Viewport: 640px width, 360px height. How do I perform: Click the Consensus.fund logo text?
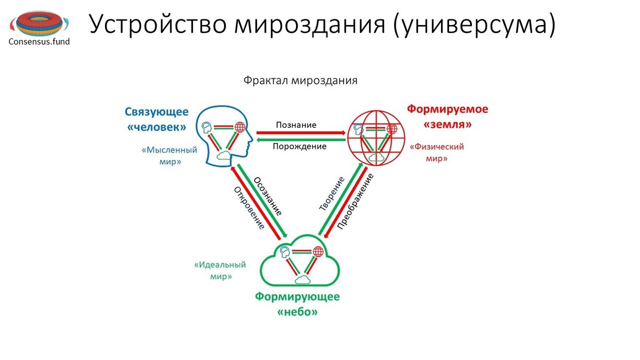(x=39, y=42)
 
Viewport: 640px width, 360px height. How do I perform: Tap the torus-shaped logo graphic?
(x=39, y=23)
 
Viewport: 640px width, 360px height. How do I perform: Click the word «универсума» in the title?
(x=475, y=25)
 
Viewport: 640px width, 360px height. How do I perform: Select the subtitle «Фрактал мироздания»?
(x=300, y=81)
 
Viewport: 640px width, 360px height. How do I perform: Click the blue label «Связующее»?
(x=157, y=111)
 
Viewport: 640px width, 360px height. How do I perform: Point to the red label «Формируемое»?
(x=447, y=109)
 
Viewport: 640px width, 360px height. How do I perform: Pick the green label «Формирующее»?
(x=297, y=297)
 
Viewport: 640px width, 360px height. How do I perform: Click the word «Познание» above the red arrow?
(x=296, y=125)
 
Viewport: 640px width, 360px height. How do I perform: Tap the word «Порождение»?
(x=299, y=146)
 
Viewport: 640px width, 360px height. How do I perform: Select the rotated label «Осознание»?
(x=268, y=196)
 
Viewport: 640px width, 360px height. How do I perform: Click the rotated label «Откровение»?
(x=249, y=208)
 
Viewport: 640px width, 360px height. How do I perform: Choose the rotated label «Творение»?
(x=332, y=194)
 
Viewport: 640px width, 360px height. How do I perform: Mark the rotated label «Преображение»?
(x=355, y=202)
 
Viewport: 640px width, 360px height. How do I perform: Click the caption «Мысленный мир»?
(x=170, y=156)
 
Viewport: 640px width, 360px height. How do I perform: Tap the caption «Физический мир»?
(x=437, y=153)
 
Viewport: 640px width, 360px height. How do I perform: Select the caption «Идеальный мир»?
(x=220, y=270)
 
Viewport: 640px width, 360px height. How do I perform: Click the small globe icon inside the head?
(x=240, y=127)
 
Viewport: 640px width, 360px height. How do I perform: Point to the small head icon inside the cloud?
(x=285, y=252)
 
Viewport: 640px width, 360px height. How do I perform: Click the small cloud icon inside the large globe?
(x=377, y=157)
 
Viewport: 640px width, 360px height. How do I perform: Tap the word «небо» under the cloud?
(x=298, y=311)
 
